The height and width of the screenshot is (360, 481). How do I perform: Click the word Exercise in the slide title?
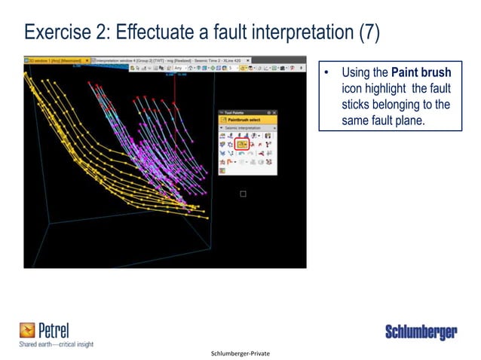(57, 32)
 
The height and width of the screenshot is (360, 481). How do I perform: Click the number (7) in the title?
(373, 32)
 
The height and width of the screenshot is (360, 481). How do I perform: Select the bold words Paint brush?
(421, 73)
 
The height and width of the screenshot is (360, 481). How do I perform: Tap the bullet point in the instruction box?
(328, 74)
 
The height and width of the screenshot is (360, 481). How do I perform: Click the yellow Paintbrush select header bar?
(247, 120)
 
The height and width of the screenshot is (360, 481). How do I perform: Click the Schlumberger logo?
(421, 332)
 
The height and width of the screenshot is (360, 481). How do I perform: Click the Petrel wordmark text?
(55, 330)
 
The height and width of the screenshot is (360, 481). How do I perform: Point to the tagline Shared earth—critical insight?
(56, 344)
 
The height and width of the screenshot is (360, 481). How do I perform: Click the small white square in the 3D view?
(243, 194)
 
